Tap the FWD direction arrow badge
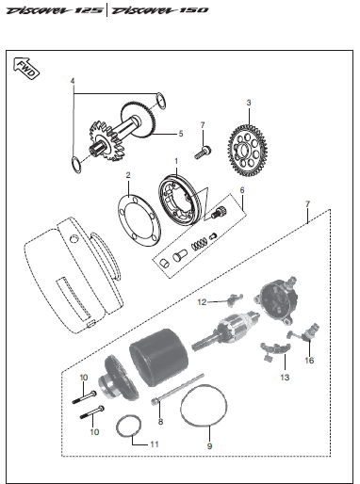tap(25, 68)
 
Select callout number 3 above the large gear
tap(249, 101)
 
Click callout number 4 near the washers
tap(72, 82)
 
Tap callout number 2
tap(127, 175)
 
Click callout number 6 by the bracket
tap(241, 191)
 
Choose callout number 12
tap(202, 302)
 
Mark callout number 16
tap(308, 360)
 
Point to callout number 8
tap(160, 423)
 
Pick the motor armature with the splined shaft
tap(230, 333)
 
